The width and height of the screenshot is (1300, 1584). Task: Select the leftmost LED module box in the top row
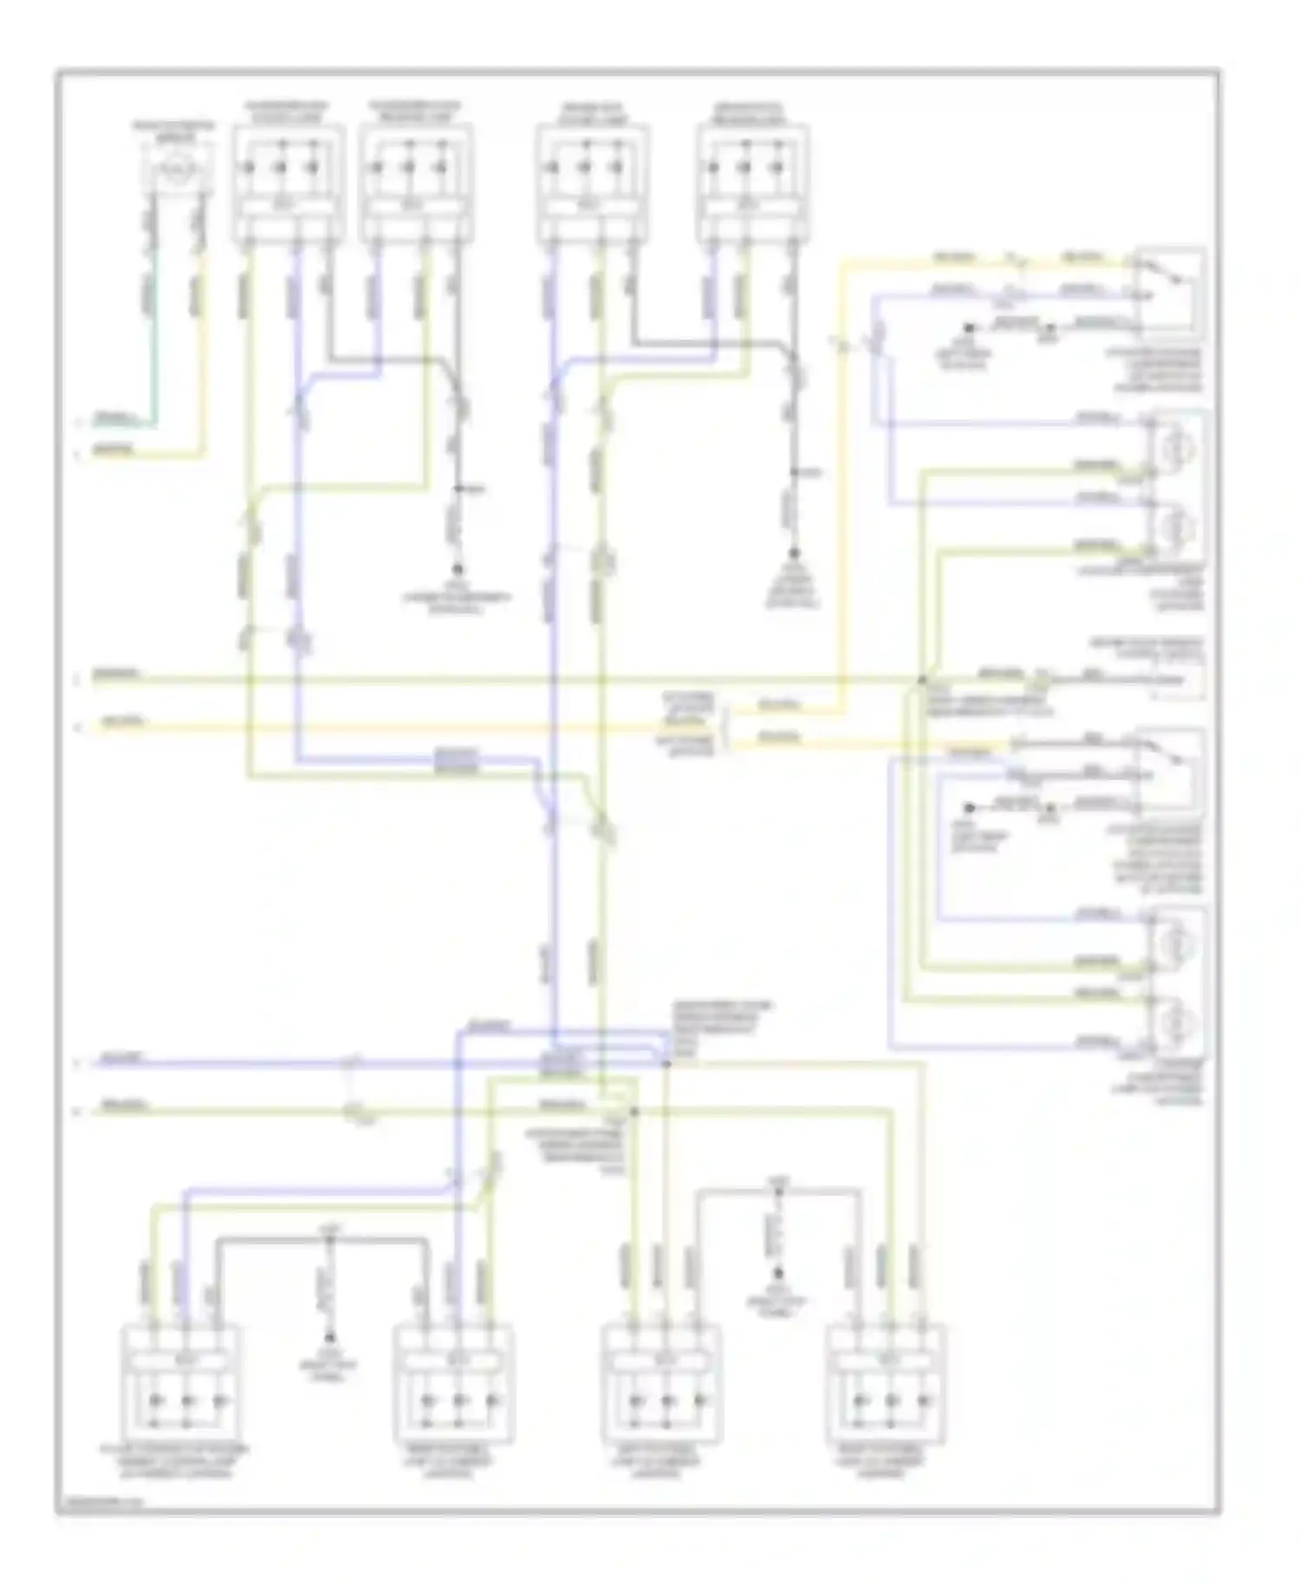click(x=288, y=182)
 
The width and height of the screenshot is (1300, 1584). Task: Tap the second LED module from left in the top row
click(x=416, y=182)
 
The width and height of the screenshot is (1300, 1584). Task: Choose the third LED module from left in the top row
click(x=592, y=182)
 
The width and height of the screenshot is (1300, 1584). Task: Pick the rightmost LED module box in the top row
click(x=752, y=182)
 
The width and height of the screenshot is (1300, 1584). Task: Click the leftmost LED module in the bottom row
click(x=184, y=1385)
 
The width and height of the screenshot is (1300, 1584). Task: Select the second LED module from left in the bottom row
click(x=453, y=1385)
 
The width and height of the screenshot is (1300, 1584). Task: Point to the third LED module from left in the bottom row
click(x=660, y=1385)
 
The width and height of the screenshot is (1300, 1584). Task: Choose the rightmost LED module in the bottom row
click(x=886, y=1385)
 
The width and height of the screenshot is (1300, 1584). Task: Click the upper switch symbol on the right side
click(x=1170, y=291)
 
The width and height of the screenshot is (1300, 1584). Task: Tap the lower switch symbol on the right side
click(x=1170, y=768)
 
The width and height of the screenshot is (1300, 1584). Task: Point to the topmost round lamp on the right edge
click(x=1177, y=447)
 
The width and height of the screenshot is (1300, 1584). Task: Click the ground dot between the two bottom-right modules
click(x=777, y=1274)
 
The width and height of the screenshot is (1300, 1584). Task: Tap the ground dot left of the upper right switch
click(x=970, y=328)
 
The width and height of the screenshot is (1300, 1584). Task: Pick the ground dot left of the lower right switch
click(x=970, y=808)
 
